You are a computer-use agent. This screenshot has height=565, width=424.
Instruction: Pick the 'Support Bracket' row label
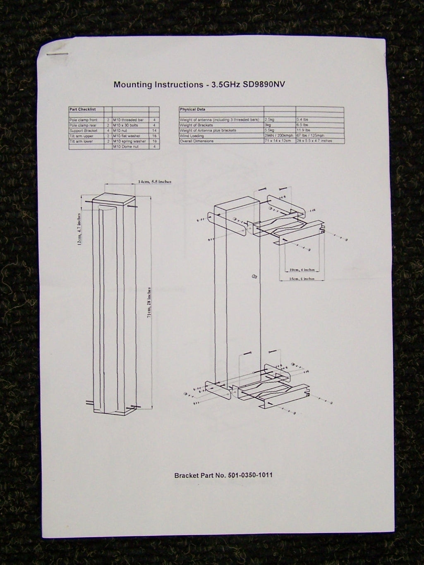click(84, 130)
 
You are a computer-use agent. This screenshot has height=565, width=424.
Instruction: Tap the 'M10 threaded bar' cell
click(128, 120)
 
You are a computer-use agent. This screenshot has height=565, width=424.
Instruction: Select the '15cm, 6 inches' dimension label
click(302, 279)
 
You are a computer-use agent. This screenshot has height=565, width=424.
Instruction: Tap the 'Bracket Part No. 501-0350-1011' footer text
click(223, 475)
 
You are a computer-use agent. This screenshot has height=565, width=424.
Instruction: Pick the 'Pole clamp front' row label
click(83, 120)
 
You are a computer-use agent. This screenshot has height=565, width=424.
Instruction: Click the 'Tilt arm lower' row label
click(81, 141)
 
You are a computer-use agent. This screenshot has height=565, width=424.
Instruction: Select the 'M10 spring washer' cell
click(129, 141)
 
